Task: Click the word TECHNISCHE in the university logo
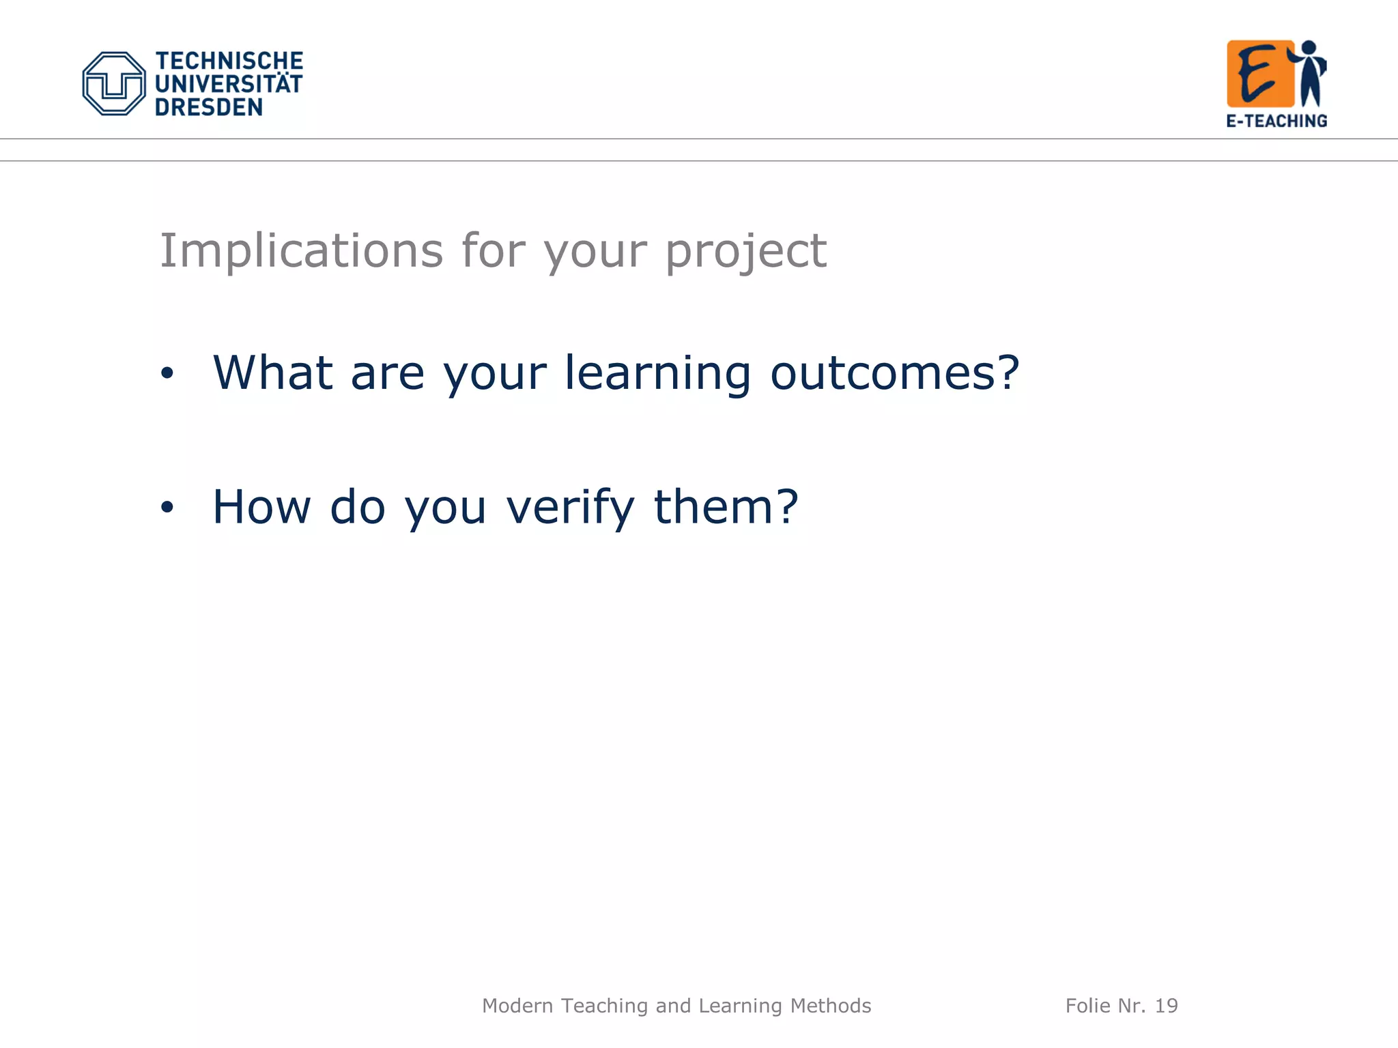click(229, 61)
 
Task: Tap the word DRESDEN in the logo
click(208, 107)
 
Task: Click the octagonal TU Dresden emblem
click(113, 83)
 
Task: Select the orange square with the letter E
click(1259, 74)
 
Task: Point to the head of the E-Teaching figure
click(1309, 48)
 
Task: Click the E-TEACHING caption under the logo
click(1276, 121)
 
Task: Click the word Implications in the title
click(301, 251)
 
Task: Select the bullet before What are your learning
click(167, 373)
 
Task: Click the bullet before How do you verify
click(167, 507)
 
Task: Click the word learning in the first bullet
click(657, 374)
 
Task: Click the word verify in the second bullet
click(570, 508)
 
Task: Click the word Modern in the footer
click(517, 1006)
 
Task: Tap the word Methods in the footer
click(830, 1006)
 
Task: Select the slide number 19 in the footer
click(1166, 1006)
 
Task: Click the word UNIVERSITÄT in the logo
click(229, 84)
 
